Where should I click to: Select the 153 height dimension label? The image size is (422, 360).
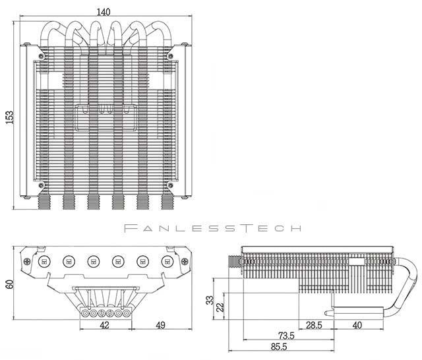click(x=9, y=116)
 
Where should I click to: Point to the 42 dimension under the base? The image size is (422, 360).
click(x=104, y=326)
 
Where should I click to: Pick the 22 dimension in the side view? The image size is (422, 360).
click(x=221, y=307)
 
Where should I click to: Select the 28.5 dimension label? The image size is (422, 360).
click(x=313, y=326)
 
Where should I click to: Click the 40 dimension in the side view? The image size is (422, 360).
click(x=357, y=326)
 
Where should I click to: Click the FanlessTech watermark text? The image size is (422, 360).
click(x=212, y=229)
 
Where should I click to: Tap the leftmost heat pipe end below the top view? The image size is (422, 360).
click(x=44, y=201)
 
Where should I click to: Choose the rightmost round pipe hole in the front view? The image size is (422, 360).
click(x=167, y=262)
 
